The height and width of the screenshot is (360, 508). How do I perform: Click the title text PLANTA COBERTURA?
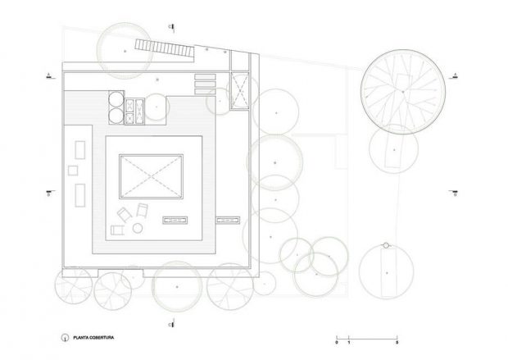(93, 336)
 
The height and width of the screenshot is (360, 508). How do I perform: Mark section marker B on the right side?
(454, 194)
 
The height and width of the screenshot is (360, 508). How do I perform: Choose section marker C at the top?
(170, 25)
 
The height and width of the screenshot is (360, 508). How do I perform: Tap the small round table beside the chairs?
(138, 227)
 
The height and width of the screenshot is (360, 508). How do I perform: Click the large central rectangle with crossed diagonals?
(150, 175)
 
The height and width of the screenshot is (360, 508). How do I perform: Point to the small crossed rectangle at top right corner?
(239, 90)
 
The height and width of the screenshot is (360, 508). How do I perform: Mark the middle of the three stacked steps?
(203, 84)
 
